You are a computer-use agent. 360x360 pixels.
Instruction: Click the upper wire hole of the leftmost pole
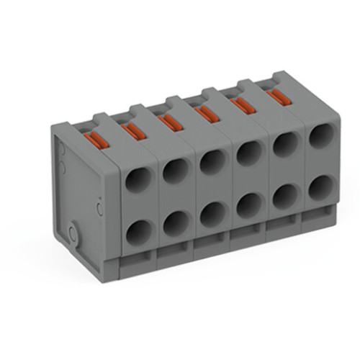click(x=137, y=177)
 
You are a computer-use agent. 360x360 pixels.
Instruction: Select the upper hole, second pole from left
click(x=175, y=170)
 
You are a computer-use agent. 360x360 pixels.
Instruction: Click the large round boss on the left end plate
click(x=73, y=232)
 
